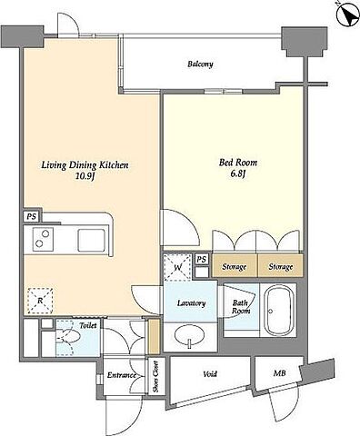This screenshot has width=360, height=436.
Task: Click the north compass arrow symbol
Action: pyautogui.click(x=348, y=15)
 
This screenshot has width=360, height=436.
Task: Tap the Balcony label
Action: pyautogui.click(x=200, y=64)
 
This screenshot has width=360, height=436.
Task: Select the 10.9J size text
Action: pyautogui.click(x=85, y=176)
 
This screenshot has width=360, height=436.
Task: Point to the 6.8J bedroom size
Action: pyautogui.click(x=238, y=173)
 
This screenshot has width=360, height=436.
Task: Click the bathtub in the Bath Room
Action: pyautogui.click(x=279, y=311)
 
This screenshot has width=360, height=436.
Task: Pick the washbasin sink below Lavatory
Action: pyautogui.click(x=190, y=336)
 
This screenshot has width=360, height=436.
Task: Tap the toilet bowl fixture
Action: pyautogui.click(x=68, y=336)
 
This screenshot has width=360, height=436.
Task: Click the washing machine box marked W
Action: pyautogui.click(x=178, y=267)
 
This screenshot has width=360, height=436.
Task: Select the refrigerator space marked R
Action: pyautogui.click(x=40, y=301)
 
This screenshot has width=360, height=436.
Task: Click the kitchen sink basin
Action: pyautogui.click(x=91, y=241)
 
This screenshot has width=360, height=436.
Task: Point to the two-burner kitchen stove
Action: pyautogui.click(x=43, y=239)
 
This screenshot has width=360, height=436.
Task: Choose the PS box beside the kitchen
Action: pyautogui.click(x=31, y=217)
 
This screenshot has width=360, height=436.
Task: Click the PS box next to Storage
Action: pyautogui.click(x=202, y=259)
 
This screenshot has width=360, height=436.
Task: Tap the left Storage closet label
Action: pyautogui.click(x=235, y=267)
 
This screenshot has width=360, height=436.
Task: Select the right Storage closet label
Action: pyautogui.click(x=281, y=267)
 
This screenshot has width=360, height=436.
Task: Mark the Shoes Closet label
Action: pyautogui.click(x=156, y=377)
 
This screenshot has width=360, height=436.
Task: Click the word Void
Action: pyautogui.click(x=210, y=374)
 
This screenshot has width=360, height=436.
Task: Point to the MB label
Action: pyautogui.click(x=279, y=373)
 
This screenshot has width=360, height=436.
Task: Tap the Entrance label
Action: pyautogui.click(x=122, y=375)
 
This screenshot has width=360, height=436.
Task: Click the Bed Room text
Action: pyautogui.click(x=238, y=163)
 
